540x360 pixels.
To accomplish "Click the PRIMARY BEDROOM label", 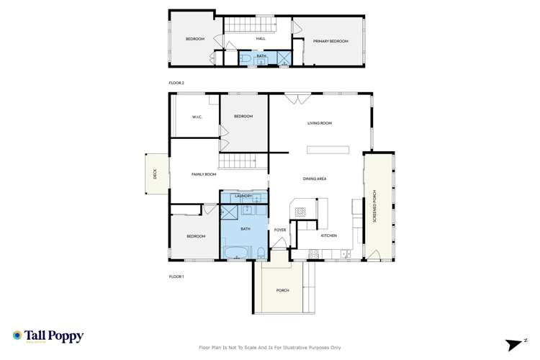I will [330, 42].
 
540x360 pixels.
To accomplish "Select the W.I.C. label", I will [197, 117].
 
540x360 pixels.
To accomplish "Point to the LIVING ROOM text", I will [320, 123].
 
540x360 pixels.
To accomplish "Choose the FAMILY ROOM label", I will [204, 174].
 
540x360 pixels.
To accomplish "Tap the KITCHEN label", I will [328, 235].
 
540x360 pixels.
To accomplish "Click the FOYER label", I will [280, 230].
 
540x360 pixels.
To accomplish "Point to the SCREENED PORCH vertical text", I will [374, 206].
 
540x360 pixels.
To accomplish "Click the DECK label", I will [154, 174].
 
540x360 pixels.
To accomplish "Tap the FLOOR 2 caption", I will [176, 84].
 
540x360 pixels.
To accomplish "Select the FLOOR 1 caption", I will [176, 276].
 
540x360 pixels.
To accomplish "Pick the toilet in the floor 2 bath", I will [244, 58].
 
